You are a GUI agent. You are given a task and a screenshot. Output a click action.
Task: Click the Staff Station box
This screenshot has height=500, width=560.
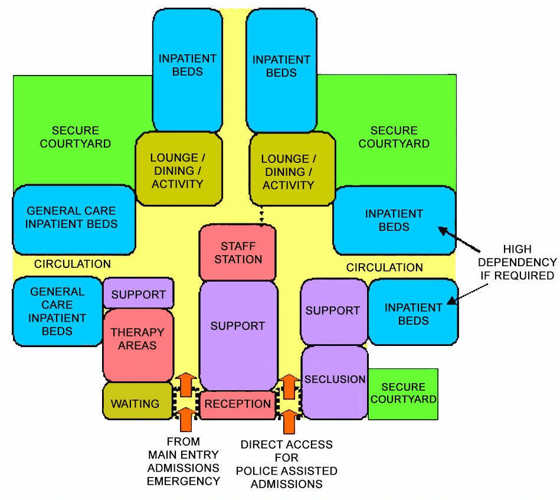(x=238, y=253)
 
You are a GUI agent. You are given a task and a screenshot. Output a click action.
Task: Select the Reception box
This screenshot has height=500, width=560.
(x=238, y=404)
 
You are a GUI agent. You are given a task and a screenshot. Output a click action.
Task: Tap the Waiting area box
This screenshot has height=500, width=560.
(x=136, y=404)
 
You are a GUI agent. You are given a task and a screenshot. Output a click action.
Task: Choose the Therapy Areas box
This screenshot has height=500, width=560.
(x=137, y=339)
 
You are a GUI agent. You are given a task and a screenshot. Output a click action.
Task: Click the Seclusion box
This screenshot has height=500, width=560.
(x=335, y=381)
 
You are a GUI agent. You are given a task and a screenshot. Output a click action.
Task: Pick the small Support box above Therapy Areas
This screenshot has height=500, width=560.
(x=139, y=293)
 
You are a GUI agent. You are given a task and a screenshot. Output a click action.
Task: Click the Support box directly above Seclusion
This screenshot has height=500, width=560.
(x=333, y=311)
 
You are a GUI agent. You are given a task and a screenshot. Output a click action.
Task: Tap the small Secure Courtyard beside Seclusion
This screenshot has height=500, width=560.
(x=403, y=393)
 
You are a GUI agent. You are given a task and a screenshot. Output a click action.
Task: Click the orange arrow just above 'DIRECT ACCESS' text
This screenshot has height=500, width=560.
(x=289, y=421)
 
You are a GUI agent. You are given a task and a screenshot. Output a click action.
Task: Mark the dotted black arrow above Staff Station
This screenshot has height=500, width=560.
(x=261, y=219)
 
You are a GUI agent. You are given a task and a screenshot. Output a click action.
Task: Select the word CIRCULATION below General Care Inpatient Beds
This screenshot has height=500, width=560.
(x=72, y=264)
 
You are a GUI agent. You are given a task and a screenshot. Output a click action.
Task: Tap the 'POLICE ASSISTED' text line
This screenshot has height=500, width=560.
(x=287, y=471)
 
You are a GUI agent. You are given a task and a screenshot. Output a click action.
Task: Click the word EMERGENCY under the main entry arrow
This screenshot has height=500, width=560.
(x=183, y=481)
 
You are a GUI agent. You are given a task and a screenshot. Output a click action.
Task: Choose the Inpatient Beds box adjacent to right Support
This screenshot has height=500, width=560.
(x=413, y=313)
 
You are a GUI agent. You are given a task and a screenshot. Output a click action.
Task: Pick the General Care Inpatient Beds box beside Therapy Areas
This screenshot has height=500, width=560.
(x=57, y=311)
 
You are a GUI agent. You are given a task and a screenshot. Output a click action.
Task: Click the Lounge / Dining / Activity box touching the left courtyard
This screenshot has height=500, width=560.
(x=178, y=170)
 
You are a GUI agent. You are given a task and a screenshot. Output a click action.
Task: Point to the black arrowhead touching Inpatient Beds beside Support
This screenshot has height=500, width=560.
(x=450, y=302)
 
